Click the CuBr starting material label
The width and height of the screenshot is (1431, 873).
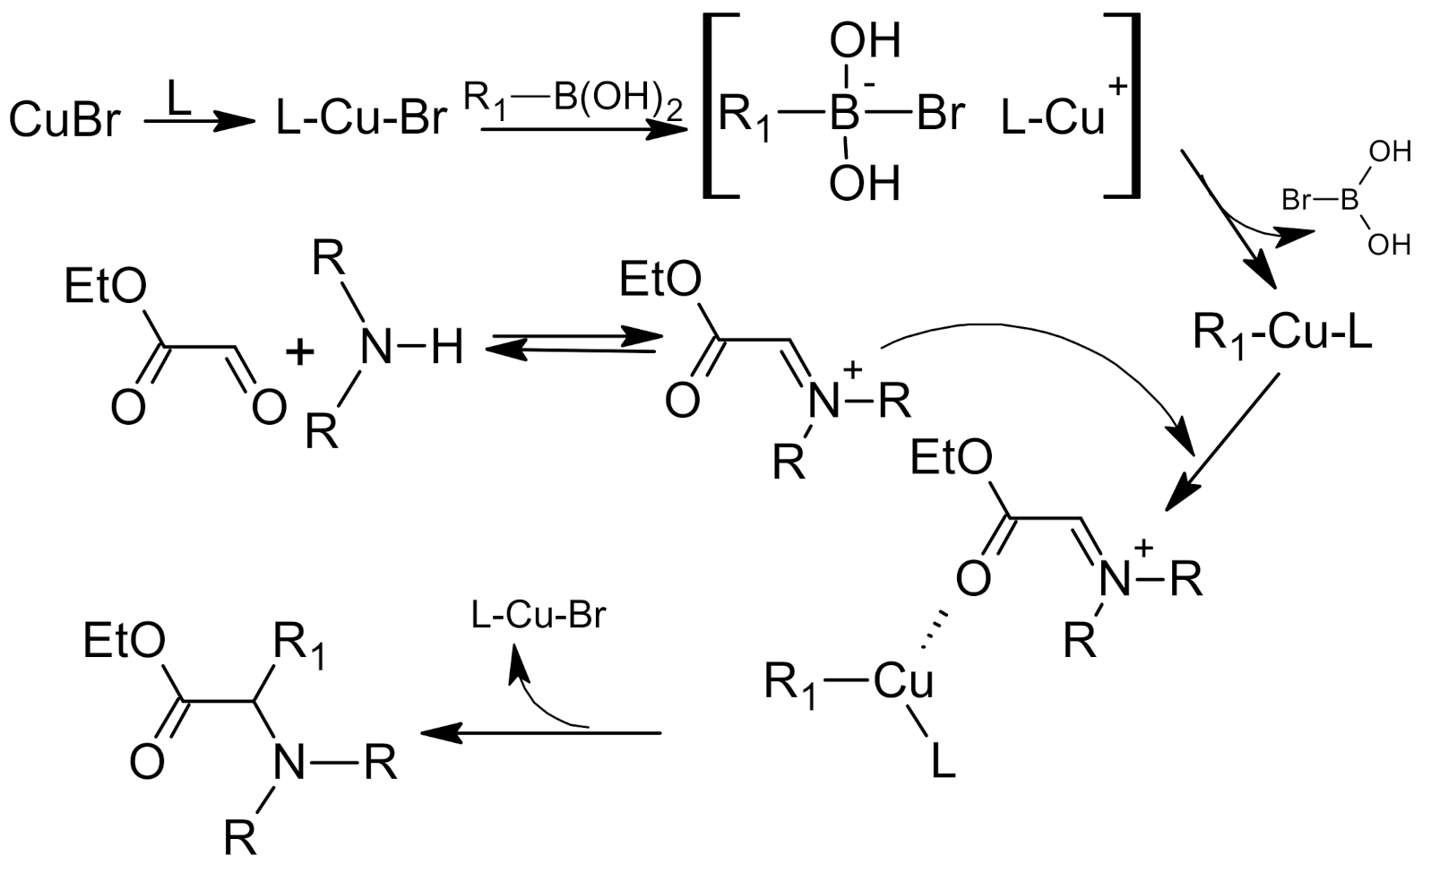[x=63, y=119]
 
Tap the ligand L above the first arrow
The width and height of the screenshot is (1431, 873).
[x=178, y=97]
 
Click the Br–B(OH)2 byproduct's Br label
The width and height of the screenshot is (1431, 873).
[x=1297, y=199]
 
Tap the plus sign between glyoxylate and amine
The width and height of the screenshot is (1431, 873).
[x=300, y=351]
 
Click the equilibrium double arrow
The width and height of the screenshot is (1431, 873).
[x=573, y=345]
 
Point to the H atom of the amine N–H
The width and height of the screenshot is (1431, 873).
[x=446, y=346]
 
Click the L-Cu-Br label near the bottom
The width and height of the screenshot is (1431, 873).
[x=539, y=616]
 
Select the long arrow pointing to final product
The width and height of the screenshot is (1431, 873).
[x=541, y=732]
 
